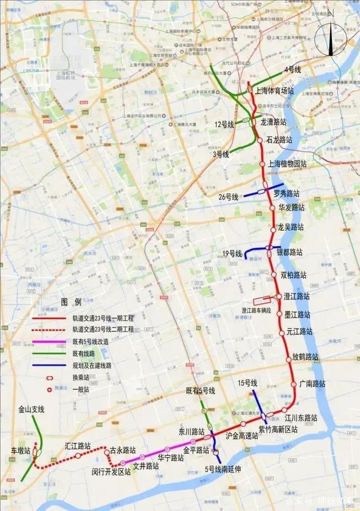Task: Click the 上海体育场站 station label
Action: point(274,90)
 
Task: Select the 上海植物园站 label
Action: point(287,164)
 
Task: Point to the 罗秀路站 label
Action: point(286,193)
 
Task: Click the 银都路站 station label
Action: point(290,252)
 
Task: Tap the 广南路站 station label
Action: point(313,384)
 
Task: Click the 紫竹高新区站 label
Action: point(278,429)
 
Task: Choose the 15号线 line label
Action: point(246,383)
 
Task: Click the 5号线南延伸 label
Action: point(222,468)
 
